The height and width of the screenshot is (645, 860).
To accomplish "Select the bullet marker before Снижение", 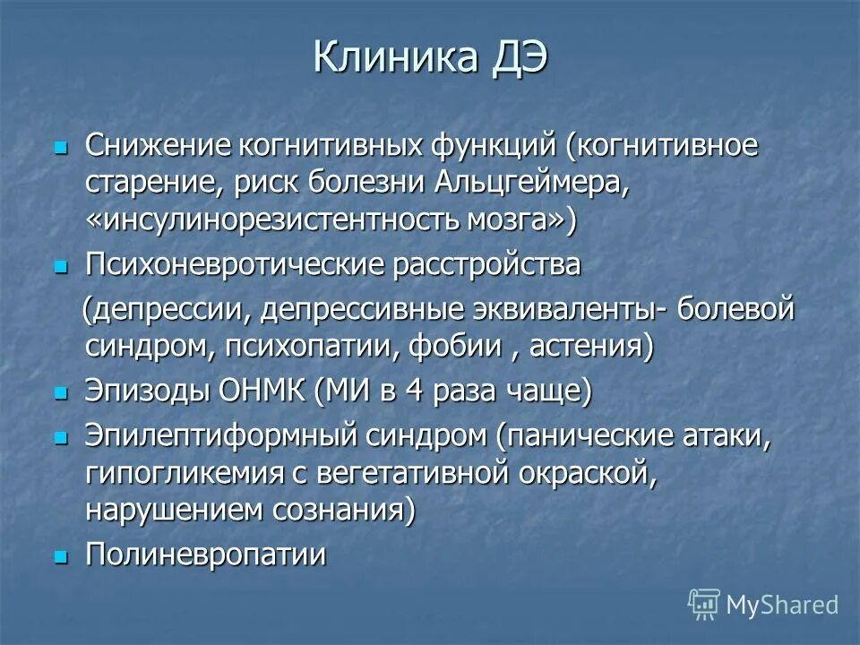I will tap(61, 145).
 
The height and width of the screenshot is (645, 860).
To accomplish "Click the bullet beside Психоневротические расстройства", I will tap(61, 266).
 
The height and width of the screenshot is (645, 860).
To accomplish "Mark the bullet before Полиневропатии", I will tap(61, 556).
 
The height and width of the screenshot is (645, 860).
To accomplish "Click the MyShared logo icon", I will tap(703, 604).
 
